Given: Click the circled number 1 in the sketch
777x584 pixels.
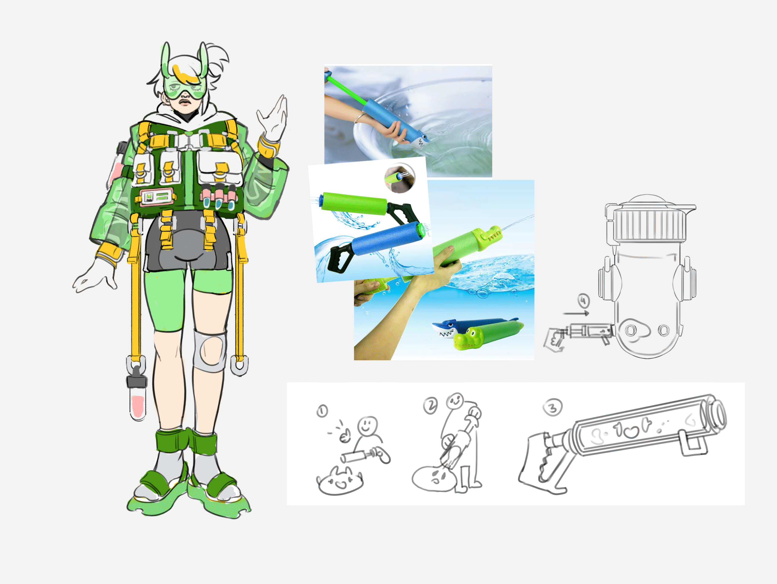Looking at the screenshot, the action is click(x=322, y=410).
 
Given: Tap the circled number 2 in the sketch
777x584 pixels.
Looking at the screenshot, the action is click(x=430, y=406).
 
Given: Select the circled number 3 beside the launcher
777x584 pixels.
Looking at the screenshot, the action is click(x=552, y=408).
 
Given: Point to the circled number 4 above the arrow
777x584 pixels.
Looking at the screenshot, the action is click(x=583, y=301).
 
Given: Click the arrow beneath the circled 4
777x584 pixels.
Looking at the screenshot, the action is click(x=576, y=313).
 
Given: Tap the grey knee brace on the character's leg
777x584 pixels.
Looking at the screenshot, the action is click(x=209, y=350).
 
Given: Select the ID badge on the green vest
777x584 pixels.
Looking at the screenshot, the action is click(x=157, y=197).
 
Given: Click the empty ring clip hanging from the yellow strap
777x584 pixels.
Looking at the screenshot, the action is click(x=239, y=366).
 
